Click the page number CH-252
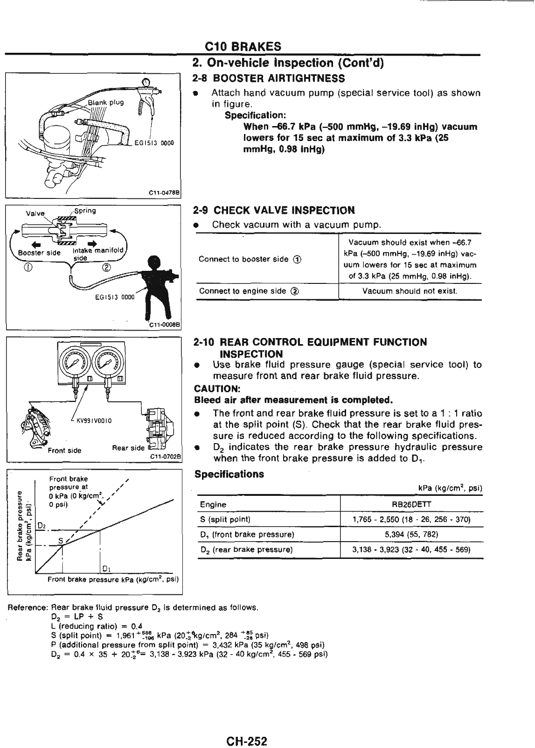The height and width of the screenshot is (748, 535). tap(247, 728)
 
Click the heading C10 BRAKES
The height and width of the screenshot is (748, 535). tap(243, 46)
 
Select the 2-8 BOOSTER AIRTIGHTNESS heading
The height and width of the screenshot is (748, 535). tap(269, 78)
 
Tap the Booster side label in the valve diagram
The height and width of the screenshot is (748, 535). tap(39, 253)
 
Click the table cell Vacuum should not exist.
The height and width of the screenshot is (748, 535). tap(410, 291)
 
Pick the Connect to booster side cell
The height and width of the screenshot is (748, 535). tap(250, 259)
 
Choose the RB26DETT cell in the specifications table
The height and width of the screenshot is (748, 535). tap(411, 504)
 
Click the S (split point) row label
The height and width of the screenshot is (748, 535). tap(225, 519)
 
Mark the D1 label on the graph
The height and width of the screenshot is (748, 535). tap(106, 568)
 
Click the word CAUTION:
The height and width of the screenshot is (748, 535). tap(211, 388)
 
